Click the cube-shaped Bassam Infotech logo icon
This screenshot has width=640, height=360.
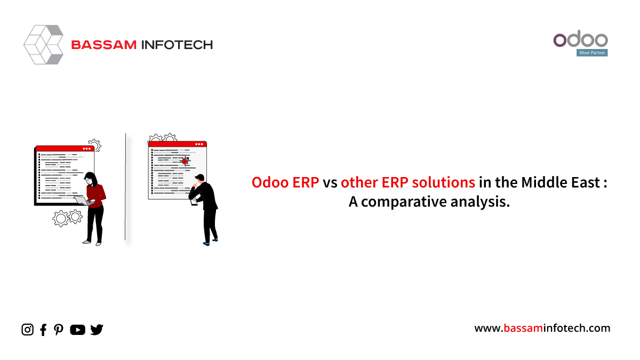[x=43, y=45]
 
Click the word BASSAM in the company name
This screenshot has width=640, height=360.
[x=104, y=45]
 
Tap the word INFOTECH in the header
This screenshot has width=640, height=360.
[x=177, y=45]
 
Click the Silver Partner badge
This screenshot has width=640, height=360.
[x=592, y=53]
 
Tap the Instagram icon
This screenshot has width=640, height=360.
[x=27, y=330]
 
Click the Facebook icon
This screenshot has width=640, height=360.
[x=43, y=330]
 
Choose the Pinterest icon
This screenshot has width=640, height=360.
[x=59, y=330]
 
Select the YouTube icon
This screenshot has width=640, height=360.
[x=77, y=330]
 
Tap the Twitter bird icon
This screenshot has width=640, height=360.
[x=97, y=330]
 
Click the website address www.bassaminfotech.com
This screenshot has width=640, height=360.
[x=542, y=328]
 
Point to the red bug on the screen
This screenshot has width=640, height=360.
[x=186, y=161]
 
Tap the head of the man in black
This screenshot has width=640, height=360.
[x=199, y=178]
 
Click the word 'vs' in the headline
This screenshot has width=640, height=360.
[x=330, y=183]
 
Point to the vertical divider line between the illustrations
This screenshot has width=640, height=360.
[x=125, y=187]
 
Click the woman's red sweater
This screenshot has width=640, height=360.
[x=96, y=195]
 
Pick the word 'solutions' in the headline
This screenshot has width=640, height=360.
[x=443, y=182]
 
